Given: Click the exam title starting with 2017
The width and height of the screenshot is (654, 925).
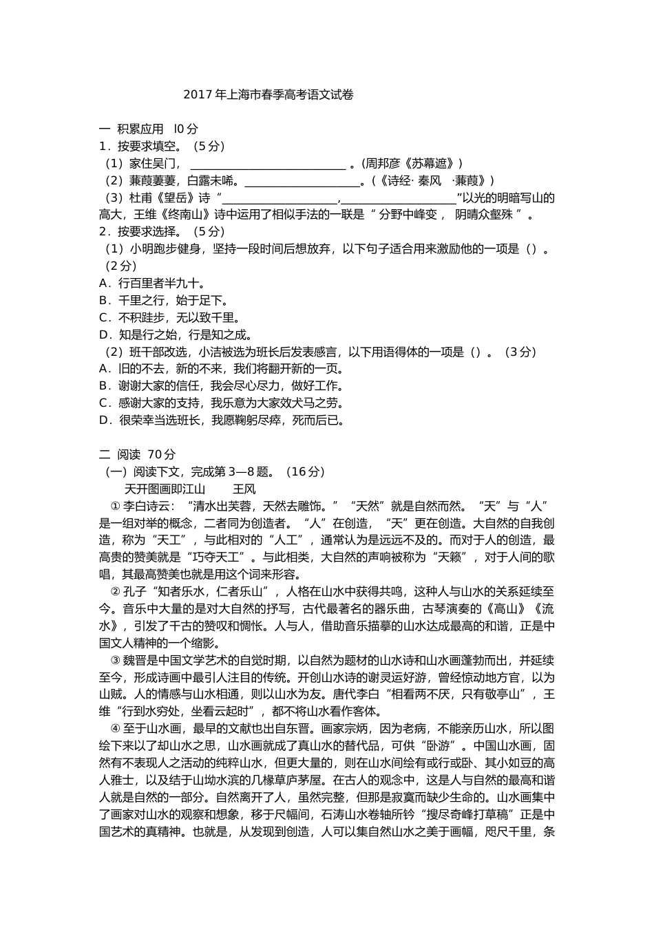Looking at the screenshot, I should pyautogui.click(x=268, y=95).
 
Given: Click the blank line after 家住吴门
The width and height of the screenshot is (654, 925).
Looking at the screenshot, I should pyautogui.click(x=267, y=164).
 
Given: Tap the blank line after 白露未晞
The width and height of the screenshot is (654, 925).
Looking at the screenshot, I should pyautogui.click(x=302, y=182).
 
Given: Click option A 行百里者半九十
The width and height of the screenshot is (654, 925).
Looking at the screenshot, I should pyautogui.click(x=152, y=283).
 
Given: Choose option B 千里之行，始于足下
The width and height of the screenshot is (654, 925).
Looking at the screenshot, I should pyautogui.click(x=164, y=300).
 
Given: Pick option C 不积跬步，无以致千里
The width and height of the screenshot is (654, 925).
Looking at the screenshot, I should pyautogui.click(x=169, y=317).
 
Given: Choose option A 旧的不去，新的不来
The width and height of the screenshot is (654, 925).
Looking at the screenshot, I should pyautogui.click(x=222, y=369).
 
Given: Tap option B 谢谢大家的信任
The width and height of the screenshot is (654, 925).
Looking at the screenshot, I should pyautogui.click(x=222, y=386).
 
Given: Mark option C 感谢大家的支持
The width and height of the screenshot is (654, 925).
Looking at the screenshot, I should pyautogui.click(x=222, y=403).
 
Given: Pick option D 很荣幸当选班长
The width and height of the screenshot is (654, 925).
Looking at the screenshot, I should pyautogui.click(x=222, y=421).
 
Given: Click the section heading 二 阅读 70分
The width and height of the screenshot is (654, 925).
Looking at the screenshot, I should pyautogui.click(x=138, y=454).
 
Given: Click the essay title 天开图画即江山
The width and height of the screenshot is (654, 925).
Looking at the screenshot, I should pyautogui.click(x=165, y=489).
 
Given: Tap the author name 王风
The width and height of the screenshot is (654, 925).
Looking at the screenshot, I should pyautogui.click(x=244, y=489).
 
